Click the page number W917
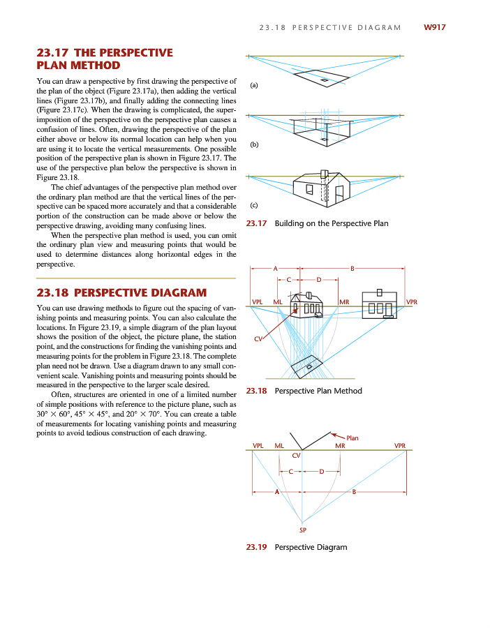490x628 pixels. click(433, 27)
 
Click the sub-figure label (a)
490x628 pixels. click(254, 85)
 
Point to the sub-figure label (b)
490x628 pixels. click(254, 145)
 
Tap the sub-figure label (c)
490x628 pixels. click(254, 204)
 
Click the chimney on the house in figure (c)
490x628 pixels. click(324, 173)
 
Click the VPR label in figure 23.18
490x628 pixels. click(411, 301)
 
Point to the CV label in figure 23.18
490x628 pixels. click(258, 339)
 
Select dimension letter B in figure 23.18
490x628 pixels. click(352, 268)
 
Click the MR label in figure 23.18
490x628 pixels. click(343, 301)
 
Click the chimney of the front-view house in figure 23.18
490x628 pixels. click(380, 292)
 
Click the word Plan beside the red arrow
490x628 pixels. click(352, 438)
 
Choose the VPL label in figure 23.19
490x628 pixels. click(258, 445)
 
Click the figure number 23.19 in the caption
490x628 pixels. click(258, 547)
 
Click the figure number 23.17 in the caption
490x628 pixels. click(258, 223)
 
